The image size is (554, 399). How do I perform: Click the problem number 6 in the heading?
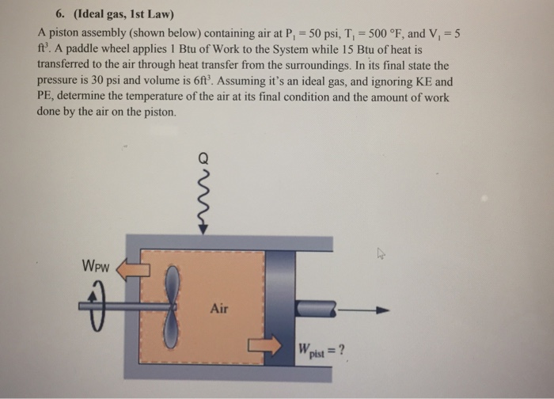point(61,14)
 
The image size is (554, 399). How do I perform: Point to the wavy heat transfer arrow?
point(203,198)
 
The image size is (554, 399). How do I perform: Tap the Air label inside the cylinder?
point(219,308)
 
